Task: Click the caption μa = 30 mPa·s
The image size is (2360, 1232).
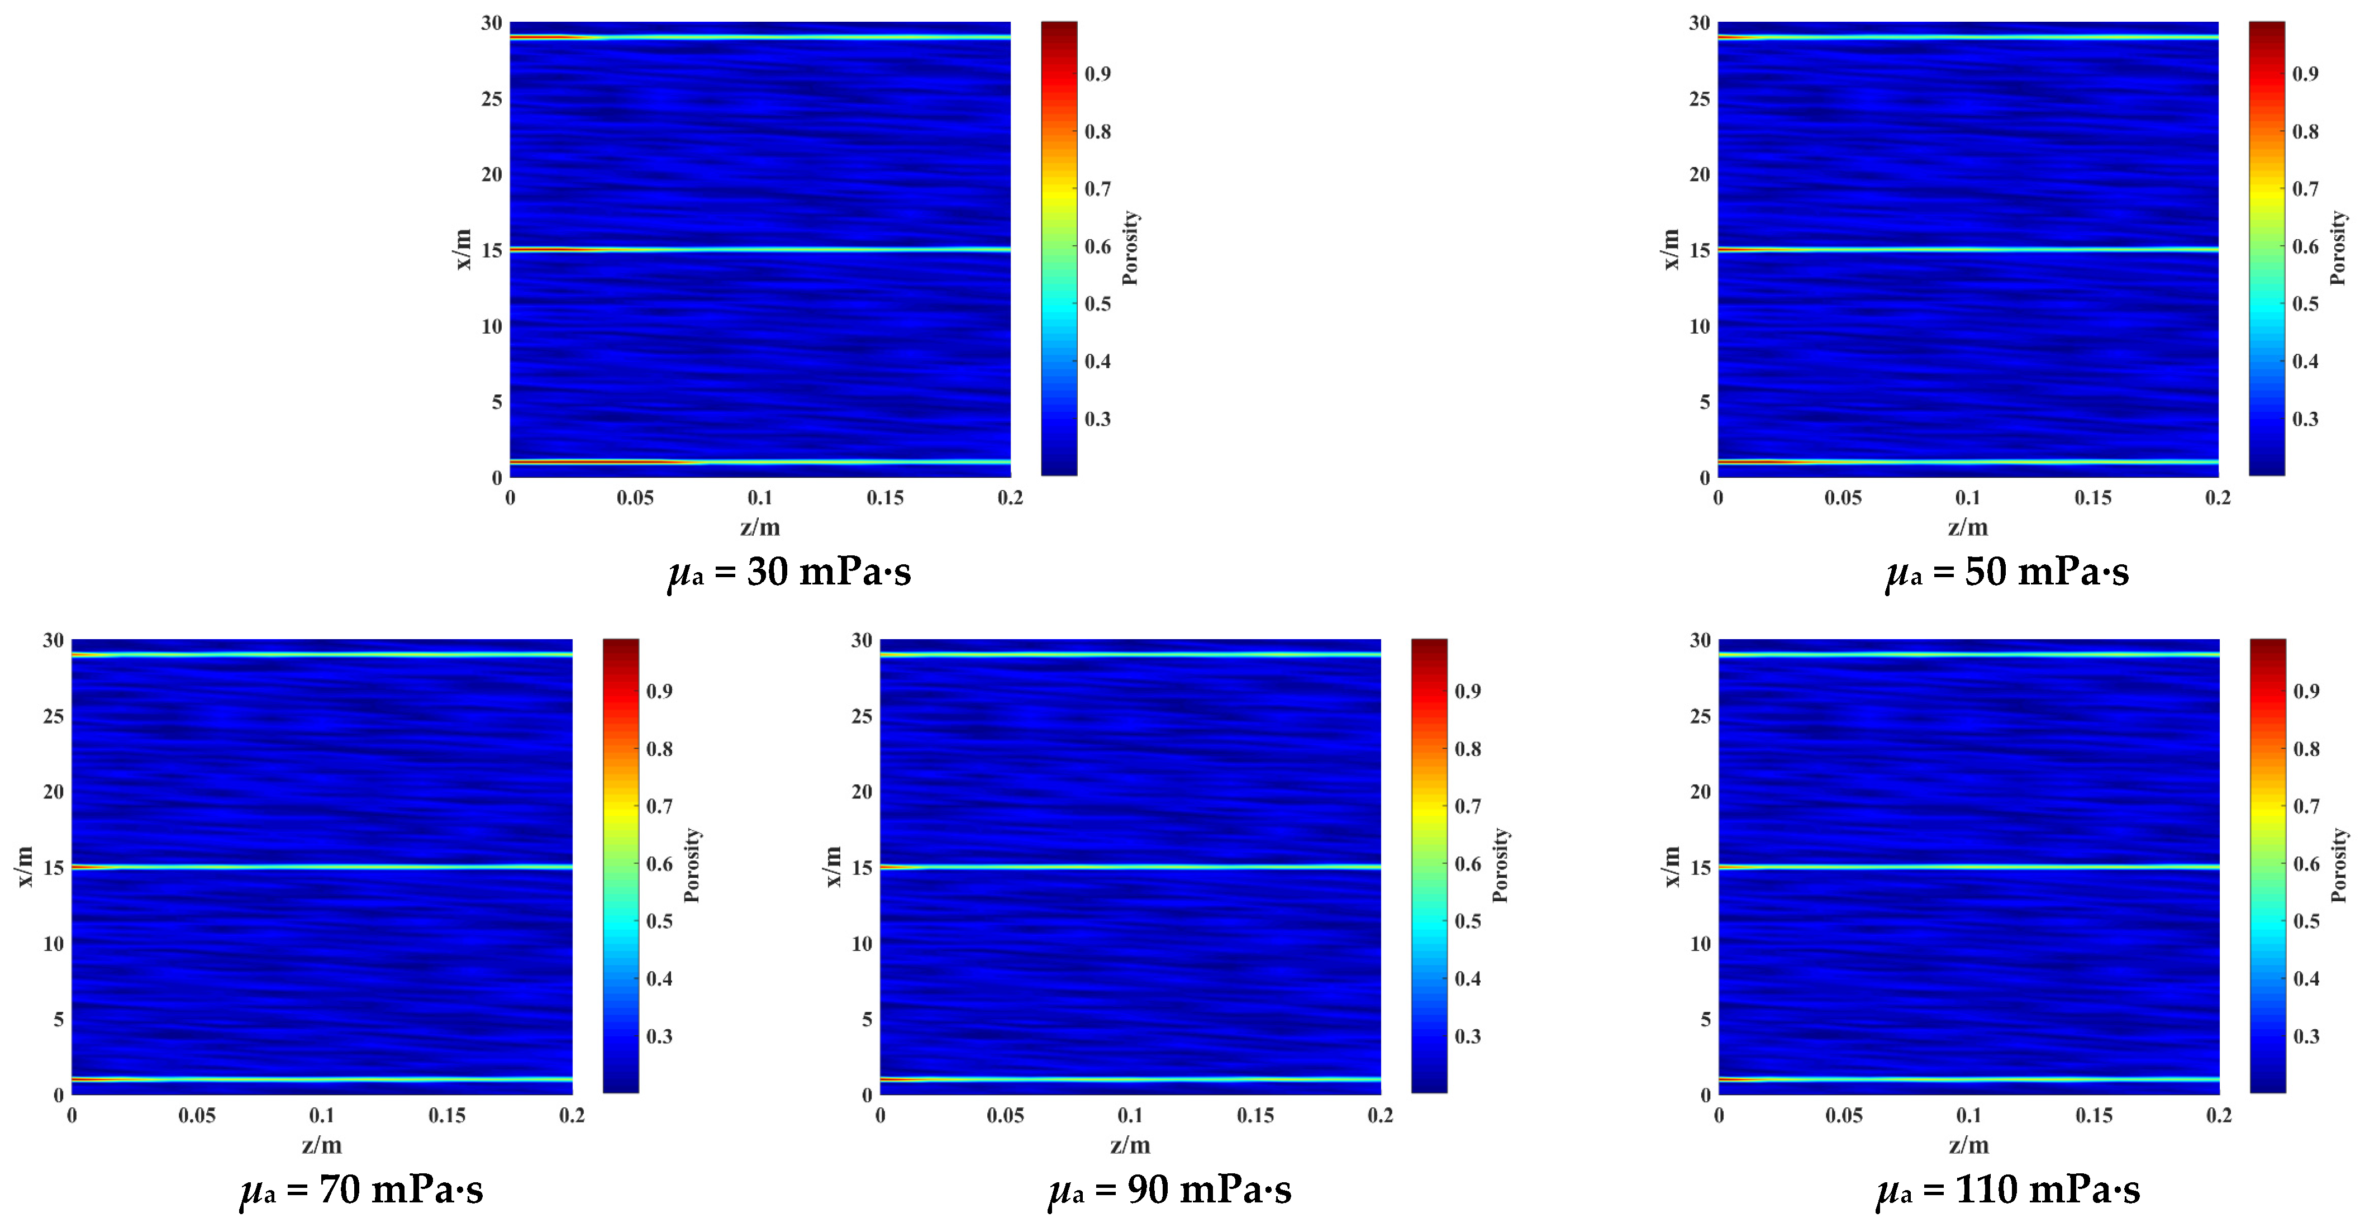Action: [x=789, y=573]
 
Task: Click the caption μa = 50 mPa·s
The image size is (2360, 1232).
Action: [x=2006, y=573]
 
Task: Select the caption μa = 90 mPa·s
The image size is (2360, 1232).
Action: [x=1170, y=1190]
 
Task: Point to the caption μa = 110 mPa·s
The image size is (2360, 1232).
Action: [x=2008, y=1190]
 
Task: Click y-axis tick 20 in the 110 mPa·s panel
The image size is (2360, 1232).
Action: [x=1700, y=791]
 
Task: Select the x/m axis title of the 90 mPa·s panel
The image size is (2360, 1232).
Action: [x=832, y=867]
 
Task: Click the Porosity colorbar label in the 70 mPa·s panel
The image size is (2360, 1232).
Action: [x=692, y=865]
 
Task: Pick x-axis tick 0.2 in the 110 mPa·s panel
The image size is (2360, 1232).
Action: [x=2219, y=1116]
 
